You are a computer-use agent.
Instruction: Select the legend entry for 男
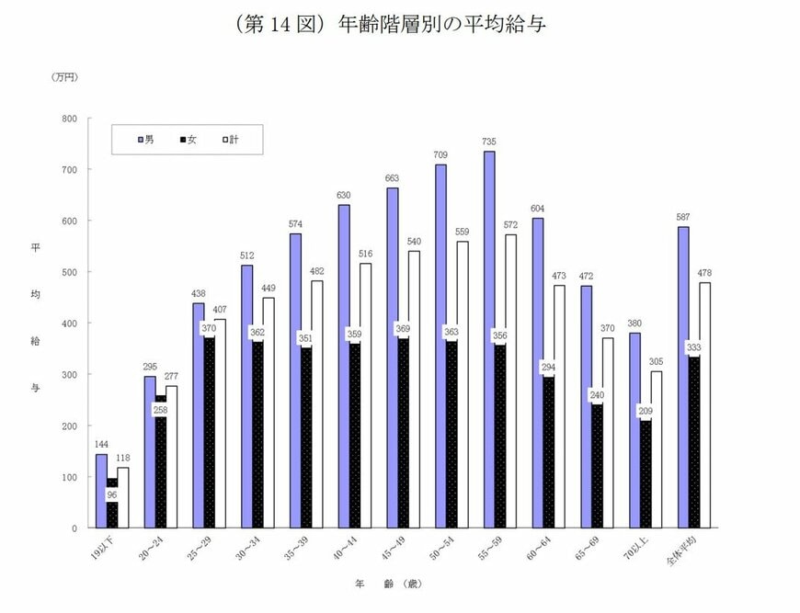(148, 139)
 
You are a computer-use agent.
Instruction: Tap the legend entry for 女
(189, 139)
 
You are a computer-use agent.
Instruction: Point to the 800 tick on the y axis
(69, 119)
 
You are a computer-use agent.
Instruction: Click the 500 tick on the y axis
(69, 272)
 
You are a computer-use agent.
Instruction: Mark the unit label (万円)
(64, 77)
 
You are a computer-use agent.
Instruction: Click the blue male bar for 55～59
(488, 339)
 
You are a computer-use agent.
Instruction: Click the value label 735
(488, 142)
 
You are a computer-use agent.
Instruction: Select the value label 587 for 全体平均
(683, 217)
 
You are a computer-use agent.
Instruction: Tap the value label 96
(112, 494)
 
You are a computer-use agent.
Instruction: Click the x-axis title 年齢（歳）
(390, 585)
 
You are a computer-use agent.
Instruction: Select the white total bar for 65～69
(606, 433)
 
